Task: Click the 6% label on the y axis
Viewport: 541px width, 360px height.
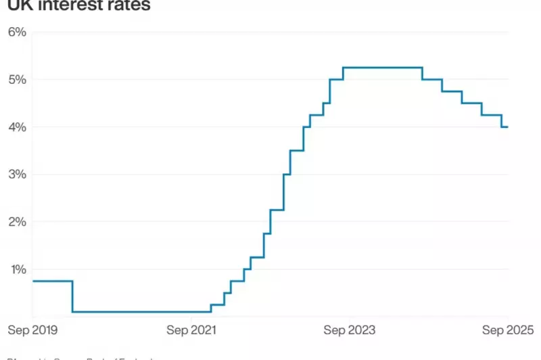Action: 16,32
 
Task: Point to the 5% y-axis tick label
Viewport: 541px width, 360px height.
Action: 16,79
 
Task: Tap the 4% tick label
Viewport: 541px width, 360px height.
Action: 16,127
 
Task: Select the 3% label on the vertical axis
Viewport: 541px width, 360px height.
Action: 16,174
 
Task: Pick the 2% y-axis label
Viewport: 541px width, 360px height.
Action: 16,221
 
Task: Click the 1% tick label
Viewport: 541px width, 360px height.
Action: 16,269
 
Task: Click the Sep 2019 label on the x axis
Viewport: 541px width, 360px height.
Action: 32,330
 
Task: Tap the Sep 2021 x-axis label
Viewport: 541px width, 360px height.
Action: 191,330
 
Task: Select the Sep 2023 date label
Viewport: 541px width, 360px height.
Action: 350,330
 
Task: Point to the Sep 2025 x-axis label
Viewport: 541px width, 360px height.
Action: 507,330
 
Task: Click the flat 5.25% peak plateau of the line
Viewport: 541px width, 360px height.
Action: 383,68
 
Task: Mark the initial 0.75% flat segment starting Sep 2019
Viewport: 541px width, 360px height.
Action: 52,281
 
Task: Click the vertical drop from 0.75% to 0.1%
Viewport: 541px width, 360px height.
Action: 72,296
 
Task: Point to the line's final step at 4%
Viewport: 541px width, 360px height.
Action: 504,127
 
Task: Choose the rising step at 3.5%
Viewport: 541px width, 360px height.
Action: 296,150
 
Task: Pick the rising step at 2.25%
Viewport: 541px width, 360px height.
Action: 277,210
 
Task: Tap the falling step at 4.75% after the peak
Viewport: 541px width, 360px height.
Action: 452,91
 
